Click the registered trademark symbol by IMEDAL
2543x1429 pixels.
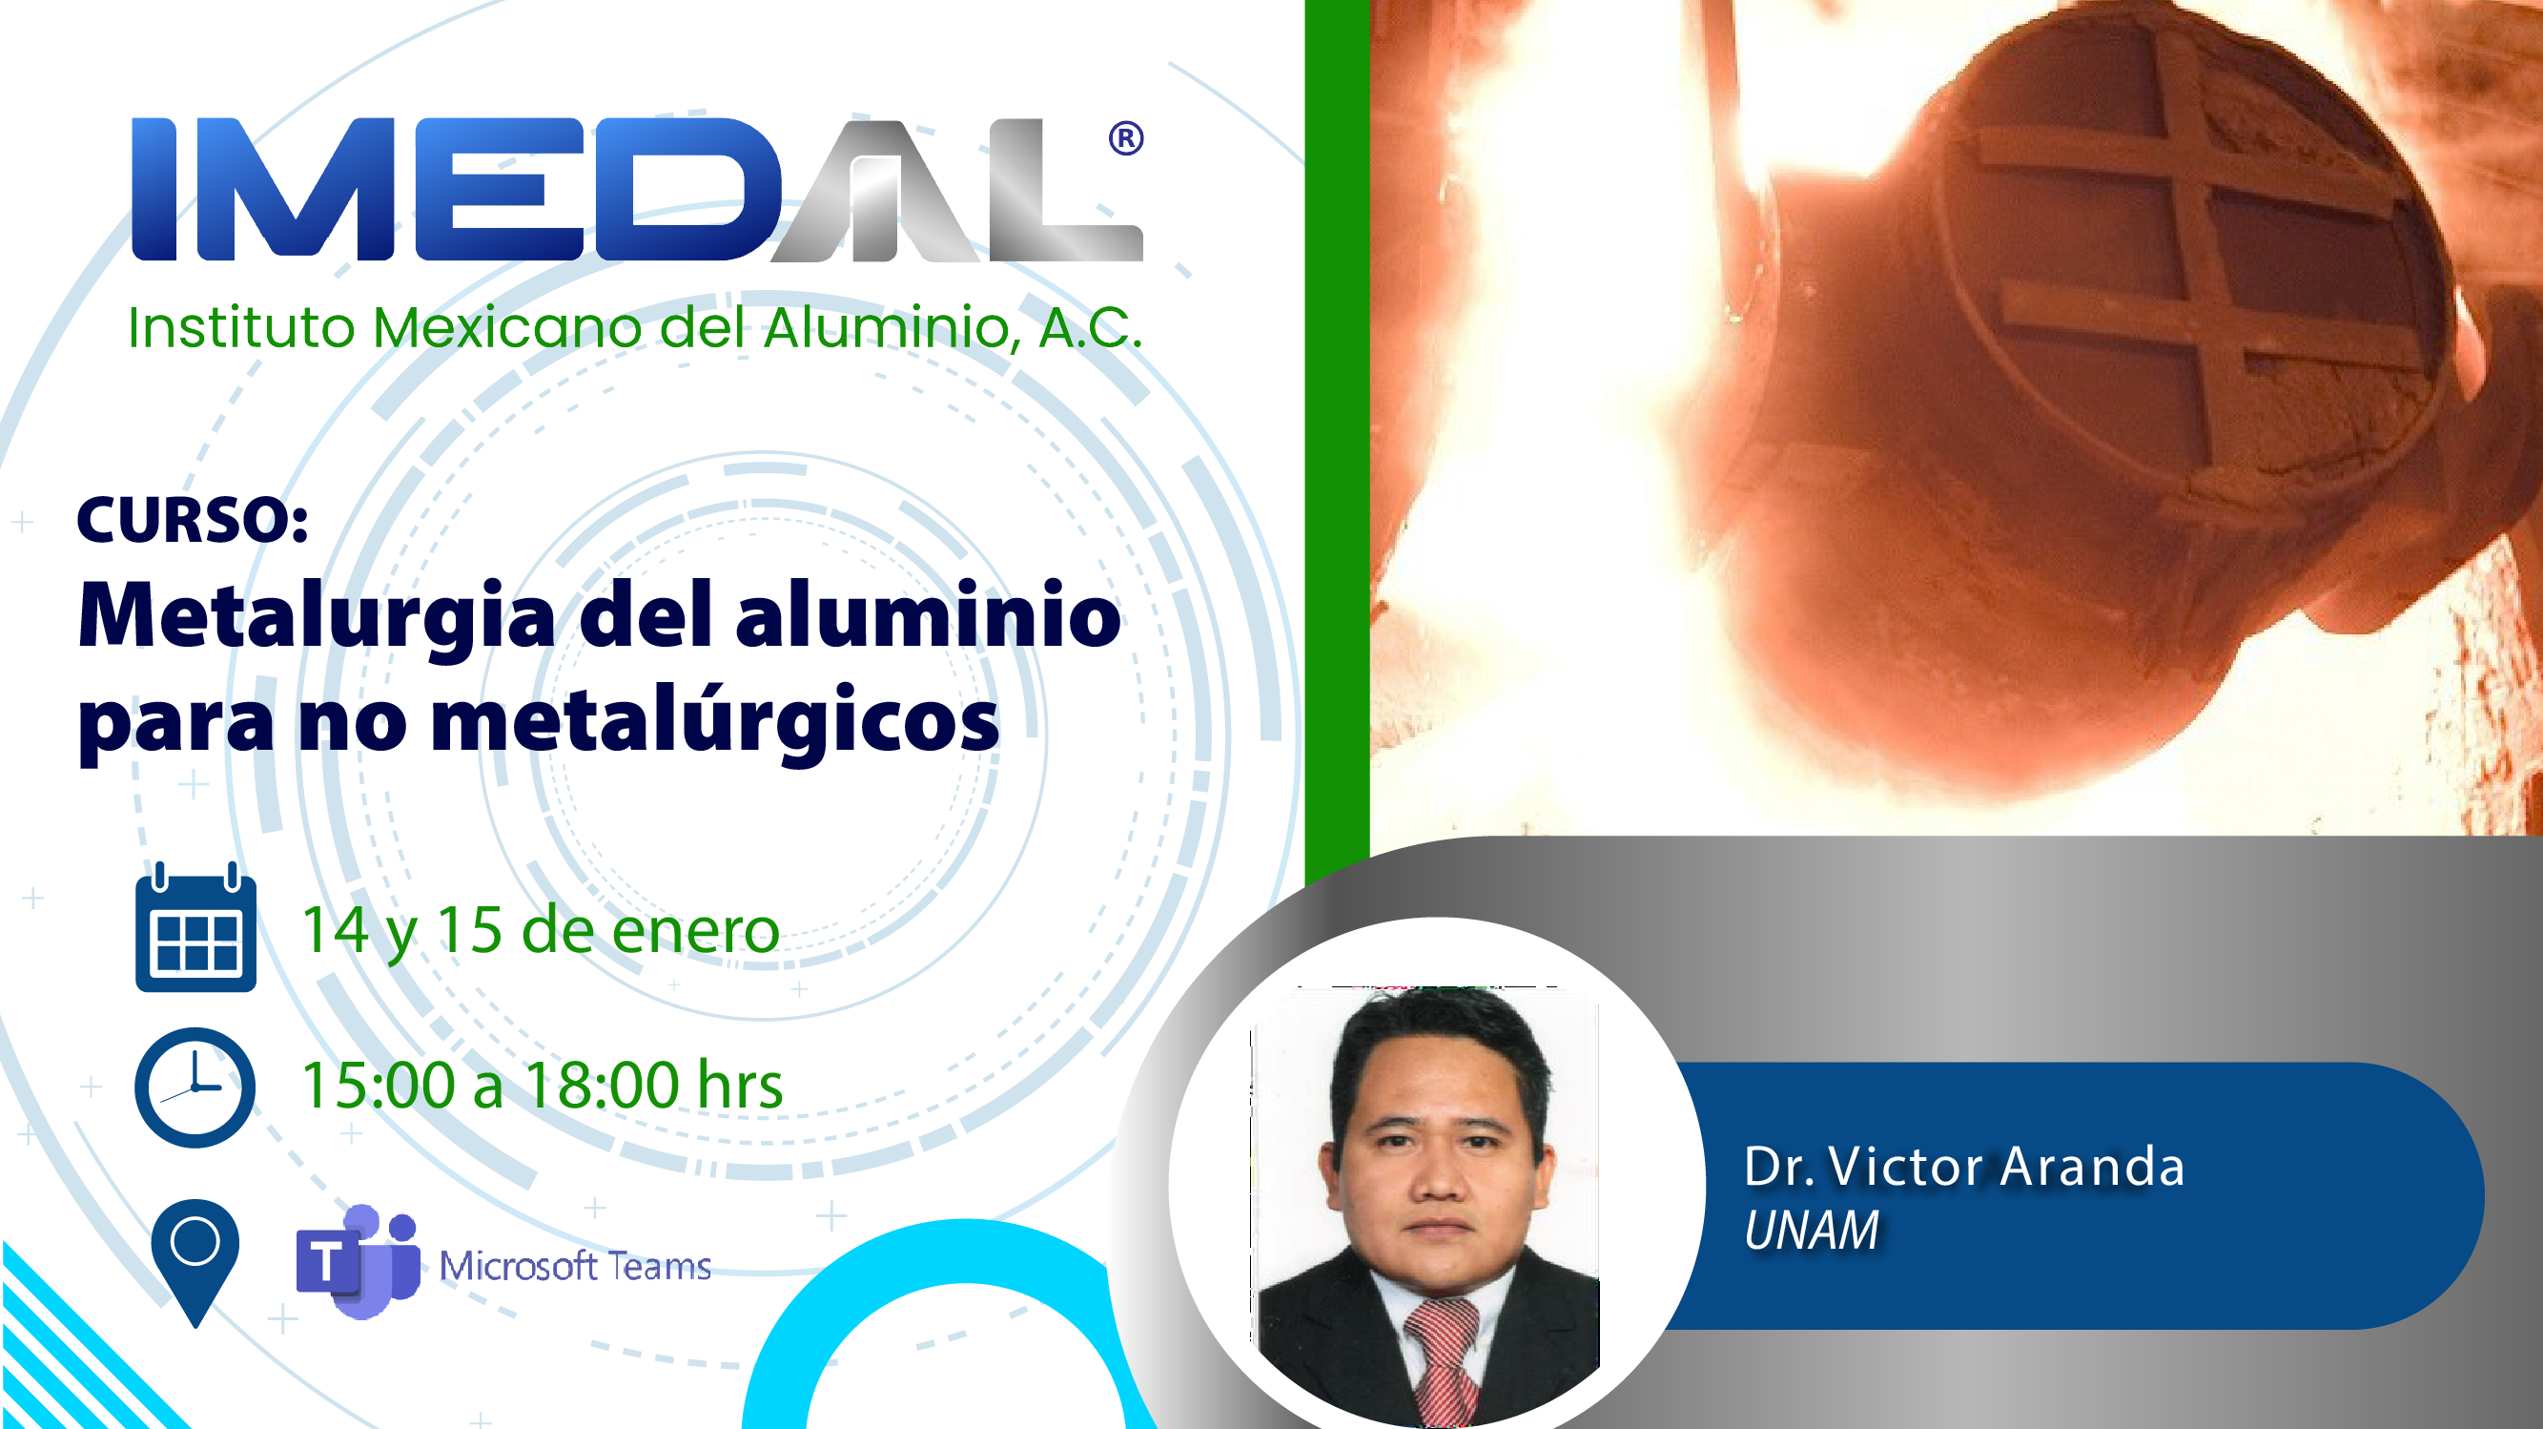tap(1125, 138)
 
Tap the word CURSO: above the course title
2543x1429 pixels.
tap(193, 520)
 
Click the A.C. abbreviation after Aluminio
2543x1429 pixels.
tap(1091, 328)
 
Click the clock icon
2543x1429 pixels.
tap(195, 1087)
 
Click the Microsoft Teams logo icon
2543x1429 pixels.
tap(358, 1262)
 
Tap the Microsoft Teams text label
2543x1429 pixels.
tap(576, 1266)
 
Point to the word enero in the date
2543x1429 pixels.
tap(696, 931)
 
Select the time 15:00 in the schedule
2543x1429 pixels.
tap(379, 1086)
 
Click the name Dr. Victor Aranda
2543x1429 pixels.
tap(1964, 1167)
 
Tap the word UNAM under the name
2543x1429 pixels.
tap(1812, 1231)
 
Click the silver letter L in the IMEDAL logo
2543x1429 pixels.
tap(1066, 190)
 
